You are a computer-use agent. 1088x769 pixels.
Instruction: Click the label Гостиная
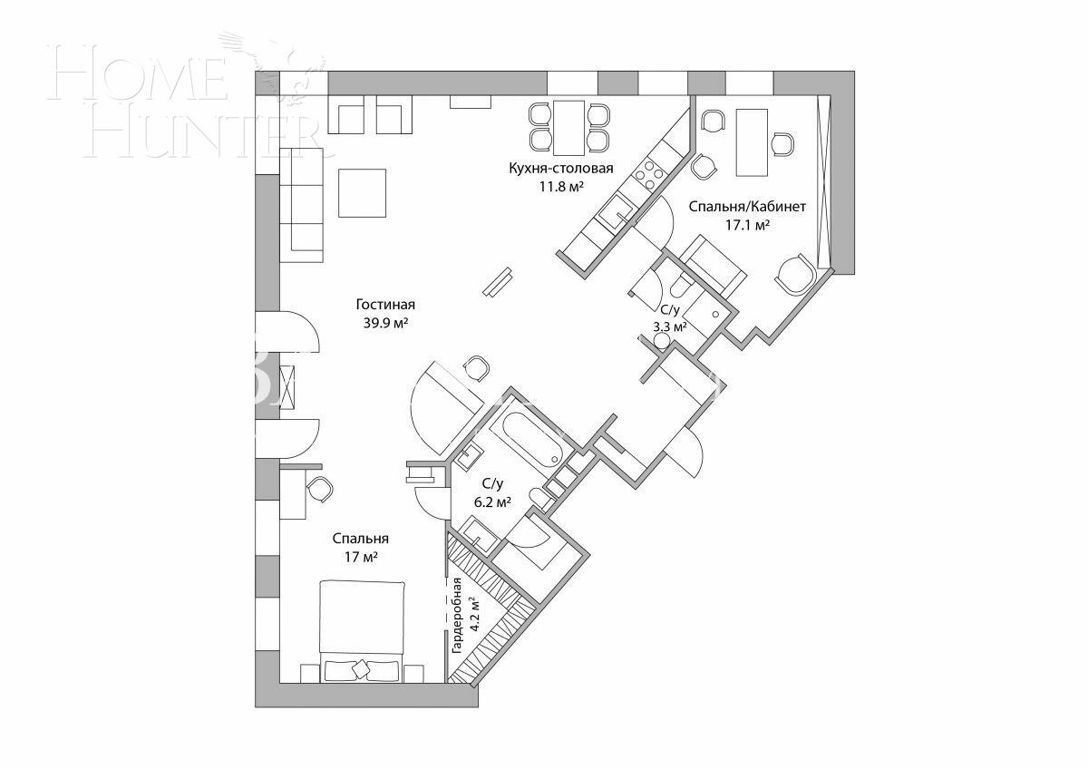coord(385,305)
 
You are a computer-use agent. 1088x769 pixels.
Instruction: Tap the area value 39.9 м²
coord(385,322)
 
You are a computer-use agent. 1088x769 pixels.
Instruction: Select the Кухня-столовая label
coord(560,169)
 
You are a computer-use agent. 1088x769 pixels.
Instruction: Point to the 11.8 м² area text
coord(560,186)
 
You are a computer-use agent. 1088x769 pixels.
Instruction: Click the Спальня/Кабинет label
coord(734,207)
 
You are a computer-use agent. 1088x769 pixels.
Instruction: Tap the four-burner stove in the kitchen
coord(649,170)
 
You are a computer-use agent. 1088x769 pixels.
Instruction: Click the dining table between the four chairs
coord(569,127)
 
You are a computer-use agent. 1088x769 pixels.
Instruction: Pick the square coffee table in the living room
coord(362,192)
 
